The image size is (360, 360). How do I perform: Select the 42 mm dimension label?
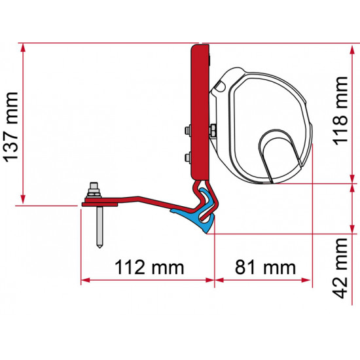click(x=340, y=267)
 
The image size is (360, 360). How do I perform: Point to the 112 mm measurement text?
click(x=148, y=267)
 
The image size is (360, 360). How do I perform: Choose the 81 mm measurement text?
click(x=261, y=267)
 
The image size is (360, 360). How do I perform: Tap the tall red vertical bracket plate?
click(x=197, y=111)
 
